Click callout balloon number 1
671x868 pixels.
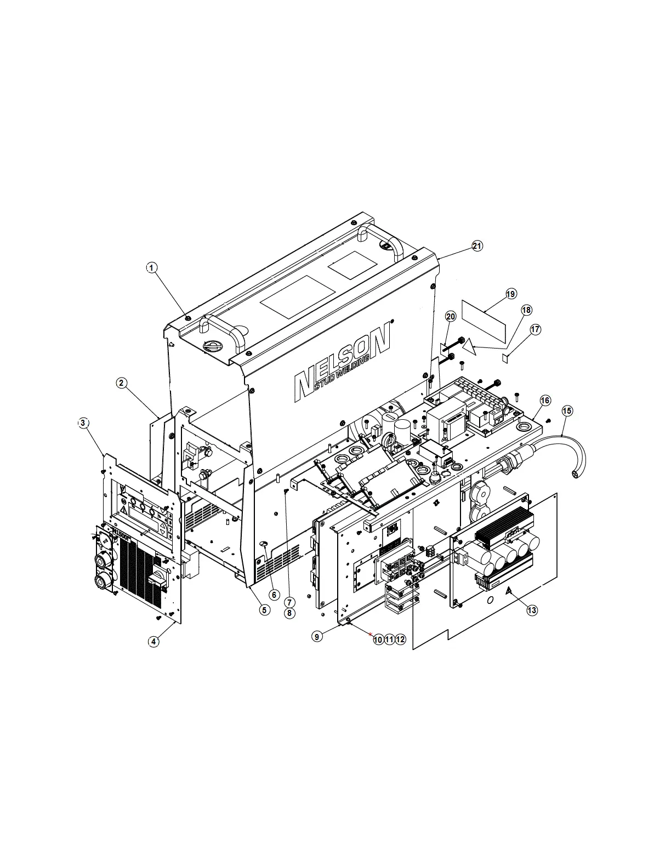[151, 267]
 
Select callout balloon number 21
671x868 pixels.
[477, 246]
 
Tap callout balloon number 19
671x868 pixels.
[510, 294]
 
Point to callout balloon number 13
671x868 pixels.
[532, 609]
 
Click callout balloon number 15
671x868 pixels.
[567, 410]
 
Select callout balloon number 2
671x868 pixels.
[122, 383]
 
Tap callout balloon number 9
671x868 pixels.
[317, 636]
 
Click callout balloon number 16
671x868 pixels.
[545, 401]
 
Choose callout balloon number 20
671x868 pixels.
[451, 316]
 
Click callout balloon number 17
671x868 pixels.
[535, 329]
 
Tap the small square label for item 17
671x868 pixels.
[507, 358]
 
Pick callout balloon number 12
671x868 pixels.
[401, 639]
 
